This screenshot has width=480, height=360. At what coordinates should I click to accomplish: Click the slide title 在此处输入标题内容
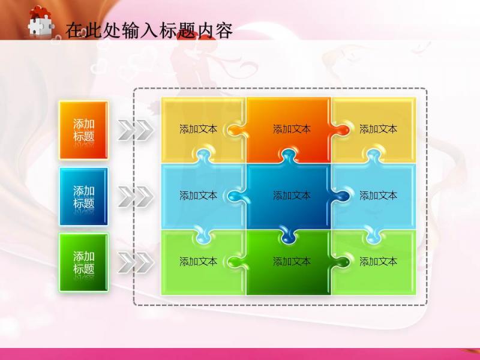click(x=149, y=30)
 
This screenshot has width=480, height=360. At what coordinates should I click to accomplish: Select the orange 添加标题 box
click(x=83, y=130)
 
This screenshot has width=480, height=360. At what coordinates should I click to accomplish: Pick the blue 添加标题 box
click(x=83, y=196)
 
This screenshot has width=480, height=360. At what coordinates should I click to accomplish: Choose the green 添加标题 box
click(x=83, y=262)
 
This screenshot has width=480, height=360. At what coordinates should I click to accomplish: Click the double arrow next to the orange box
click(x=136, y=130)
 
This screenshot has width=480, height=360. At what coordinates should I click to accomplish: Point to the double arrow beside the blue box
click(x=136, y=196)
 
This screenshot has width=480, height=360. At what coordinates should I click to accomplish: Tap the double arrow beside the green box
click(x=136, y=262)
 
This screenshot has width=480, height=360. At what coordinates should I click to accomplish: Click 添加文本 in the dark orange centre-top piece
click(x=292, y=129)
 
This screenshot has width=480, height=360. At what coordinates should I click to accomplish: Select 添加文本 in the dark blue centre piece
click(x=292, y=196)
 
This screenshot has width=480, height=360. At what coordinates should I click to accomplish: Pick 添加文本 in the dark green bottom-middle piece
click(x=292, y=262)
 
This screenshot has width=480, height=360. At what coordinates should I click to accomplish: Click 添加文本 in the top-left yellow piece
click(x=199, y=129)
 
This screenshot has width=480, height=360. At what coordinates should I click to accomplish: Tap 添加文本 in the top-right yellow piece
click(x=379, y=129)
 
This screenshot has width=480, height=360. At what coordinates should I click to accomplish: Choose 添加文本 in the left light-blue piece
click(x=199, y=196)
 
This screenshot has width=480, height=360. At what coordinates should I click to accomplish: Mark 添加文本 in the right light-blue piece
click(x=379, y=196)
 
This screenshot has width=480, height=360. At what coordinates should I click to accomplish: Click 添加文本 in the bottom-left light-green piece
click(x=199, y=262)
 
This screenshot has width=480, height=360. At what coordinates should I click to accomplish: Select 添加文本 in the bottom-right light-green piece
click(x=379, y=262)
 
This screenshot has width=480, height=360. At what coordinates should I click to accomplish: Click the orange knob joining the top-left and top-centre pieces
click(x=236, y=130)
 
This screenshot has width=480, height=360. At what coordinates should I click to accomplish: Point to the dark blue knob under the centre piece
click(x=288, y=236)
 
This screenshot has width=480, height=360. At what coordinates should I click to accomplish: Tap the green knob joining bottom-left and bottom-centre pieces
click(x=236, y=262)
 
